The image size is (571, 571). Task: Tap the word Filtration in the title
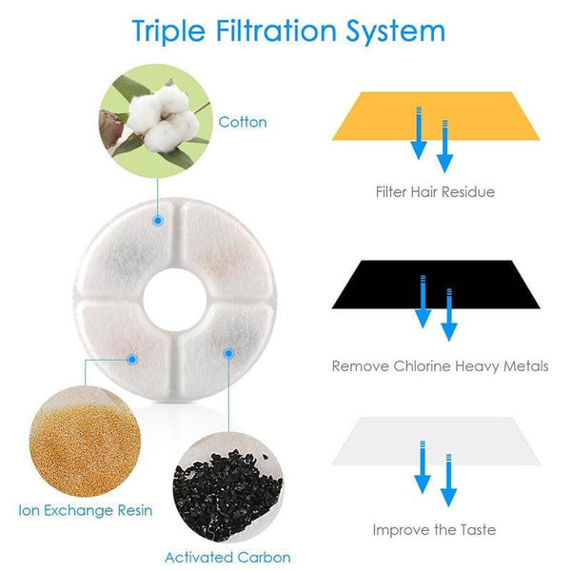275,30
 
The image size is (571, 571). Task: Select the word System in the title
394,30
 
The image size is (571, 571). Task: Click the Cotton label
243,122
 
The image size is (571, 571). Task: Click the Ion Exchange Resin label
86,510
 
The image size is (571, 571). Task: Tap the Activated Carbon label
227,557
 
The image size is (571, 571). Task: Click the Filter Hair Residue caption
435,192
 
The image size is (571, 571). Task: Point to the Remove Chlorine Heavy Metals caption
439,365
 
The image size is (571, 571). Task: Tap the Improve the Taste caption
434,529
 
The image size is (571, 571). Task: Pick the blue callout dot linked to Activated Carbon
228,353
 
